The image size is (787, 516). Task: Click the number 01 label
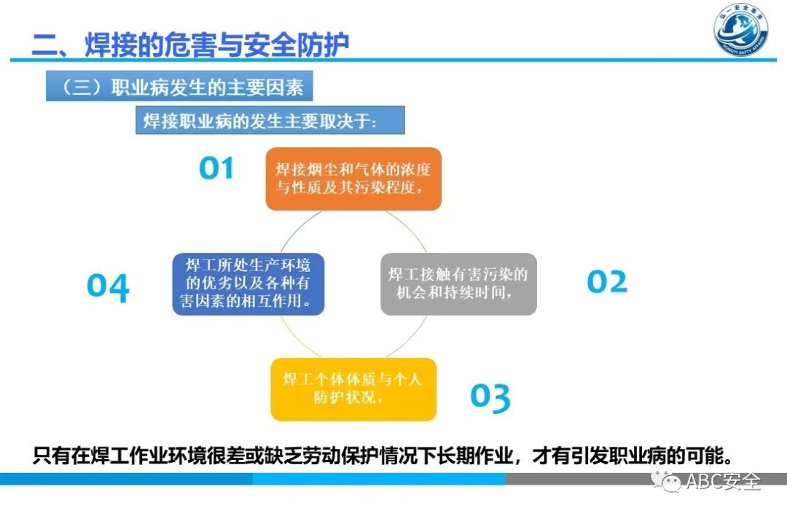216,168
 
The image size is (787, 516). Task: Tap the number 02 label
606,282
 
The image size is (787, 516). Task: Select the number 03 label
490,396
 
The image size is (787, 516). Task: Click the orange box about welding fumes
353,179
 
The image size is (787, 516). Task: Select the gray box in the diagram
458,284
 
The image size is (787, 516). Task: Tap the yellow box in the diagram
353,389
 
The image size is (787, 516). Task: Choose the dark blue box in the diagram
248,284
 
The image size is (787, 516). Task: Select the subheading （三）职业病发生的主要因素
179,87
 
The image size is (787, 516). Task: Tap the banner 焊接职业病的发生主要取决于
270,121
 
